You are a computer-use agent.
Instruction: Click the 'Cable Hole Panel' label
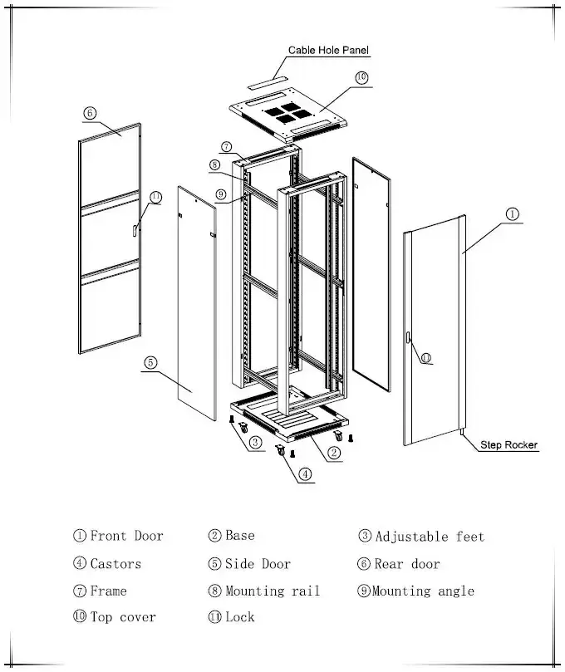point(327,51)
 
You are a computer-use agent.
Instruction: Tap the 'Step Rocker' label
point(508,445)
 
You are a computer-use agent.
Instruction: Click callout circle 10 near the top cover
point(361,77)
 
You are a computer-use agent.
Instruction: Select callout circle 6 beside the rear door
point(90,113)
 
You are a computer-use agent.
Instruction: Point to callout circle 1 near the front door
point(513,214)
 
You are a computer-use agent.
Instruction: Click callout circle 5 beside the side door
point(150,362)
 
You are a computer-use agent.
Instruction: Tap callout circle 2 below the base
point(333,453)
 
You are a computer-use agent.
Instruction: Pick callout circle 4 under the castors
point(305,474)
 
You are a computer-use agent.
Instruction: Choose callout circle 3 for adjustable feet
point(255,443)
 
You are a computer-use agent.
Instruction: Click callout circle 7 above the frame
point(226,147)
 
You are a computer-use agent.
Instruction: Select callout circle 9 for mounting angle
point(220,195)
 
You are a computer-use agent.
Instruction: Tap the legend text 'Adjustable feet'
point(429,537)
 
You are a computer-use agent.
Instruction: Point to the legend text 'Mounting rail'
point(272,591)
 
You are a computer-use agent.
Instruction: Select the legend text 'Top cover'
point(122,617)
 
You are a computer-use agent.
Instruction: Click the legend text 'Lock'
point(239,617)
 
